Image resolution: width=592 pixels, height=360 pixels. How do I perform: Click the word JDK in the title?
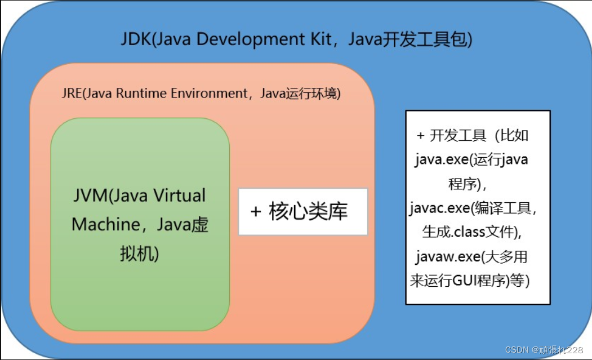(136, 39)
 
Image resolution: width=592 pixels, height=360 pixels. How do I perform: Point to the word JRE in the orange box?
(72, 94)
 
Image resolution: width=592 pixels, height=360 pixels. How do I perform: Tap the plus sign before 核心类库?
(256, 212)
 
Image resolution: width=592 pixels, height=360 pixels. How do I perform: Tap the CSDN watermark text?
(516, 350)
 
